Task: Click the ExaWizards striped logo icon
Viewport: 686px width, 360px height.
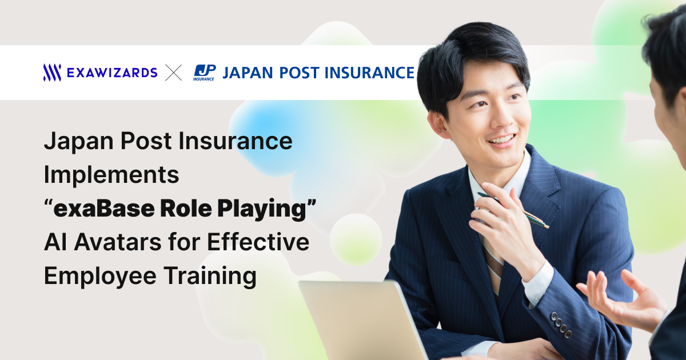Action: pyautogui.click(x=52, y=73)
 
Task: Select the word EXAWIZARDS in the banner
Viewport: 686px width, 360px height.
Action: pyautogui.click(x=112, y=73)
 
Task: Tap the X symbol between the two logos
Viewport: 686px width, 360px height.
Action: pyautogui.click(x=174, y=73)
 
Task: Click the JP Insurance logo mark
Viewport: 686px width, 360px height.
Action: pyautogui.click(x=204, y=73)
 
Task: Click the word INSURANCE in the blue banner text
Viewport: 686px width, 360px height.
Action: pyautogui.click(x=369, y=73)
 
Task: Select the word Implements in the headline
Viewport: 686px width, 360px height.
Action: pyautogui.click(x=111, y=175)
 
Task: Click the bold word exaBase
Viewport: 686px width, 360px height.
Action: pyautogui.click(x=104, y=209)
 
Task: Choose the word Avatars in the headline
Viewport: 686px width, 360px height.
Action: pyautogui.click(x=118, y=242)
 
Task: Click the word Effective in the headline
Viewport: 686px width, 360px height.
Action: pyautogui.click(x=258, y=242)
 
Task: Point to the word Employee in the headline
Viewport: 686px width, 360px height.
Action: pyautogui.click(x=100, y=277)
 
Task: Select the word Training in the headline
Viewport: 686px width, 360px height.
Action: pyautogui.click(x=210, y=276)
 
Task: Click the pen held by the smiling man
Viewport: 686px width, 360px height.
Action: pyautogui.click(x=513, y=210)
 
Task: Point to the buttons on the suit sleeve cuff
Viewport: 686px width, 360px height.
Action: pyautogui.click(x=561, y=325)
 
